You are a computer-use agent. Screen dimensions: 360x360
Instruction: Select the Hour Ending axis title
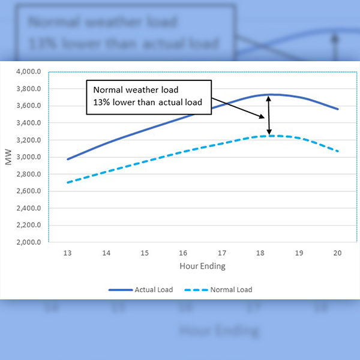203,266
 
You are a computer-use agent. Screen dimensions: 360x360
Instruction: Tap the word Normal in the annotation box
106,89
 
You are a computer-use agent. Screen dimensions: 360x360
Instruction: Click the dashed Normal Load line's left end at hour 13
68,182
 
